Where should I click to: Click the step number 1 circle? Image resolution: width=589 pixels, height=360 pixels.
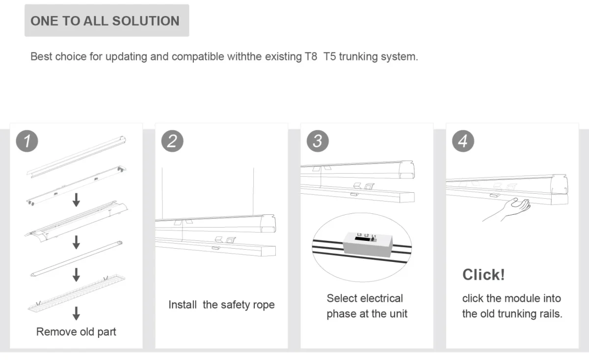[27, 141]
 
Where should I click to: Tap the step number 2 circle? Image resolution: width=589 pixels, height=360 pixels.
[172, 141]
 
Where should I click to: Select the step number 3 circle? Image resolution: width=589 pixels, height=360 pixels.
[318, 141]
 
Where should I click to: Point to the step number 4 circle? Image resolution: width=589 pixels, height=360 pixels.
[463, 141]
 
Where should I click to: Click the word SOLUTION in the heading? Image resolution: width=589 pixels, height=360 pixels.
[146, 21]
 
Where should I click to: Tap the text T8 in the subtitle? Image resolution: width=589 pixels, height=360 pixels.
[311, 56]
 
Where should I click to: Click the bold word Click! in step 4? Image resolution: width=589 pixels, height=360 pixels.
[483, 275]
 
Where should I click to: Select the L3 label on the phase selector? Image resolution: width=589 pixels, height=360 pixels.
[359, 234]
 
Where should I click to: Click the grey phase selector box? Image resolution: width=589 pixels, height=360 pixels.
[368, 245]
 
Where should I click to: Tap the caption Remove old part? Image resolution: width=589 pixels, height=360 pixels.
[76, 332]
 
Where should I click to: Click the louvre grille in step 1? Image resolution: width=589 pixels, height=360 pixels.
[77, 293]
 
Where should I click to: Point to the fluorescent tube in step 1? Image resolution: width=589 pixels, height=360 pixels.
[77, 258]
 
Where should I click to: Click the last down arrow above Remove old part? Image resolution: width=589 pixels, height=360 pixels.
[76, 313]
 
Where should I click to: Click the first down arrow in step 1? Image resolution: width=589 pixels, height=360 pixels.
[76, 200]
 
